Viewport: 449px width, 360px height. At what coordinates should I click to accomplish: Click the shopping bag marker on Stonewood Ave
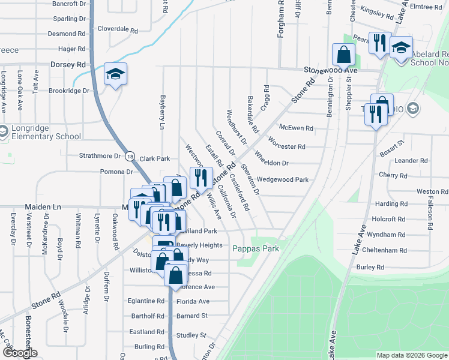coord(343,55)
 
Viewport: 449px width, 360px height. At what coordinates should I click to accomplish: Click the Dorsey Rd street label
coord(68,64)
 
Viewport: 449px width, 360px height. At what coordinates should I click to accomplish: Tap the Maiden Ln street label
coord(43,206)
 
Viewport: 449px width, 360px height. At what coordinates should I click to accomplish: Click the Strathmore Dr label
coord(100,156)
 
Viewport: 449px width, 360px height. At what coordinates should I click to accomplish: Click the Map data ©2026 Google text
coord(411,355)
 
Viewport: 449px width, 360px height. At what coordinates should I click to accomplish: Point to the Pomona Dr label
coord(116,172)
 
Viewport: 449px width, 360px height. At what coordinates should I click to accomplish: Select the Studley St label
coord(191,335)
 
